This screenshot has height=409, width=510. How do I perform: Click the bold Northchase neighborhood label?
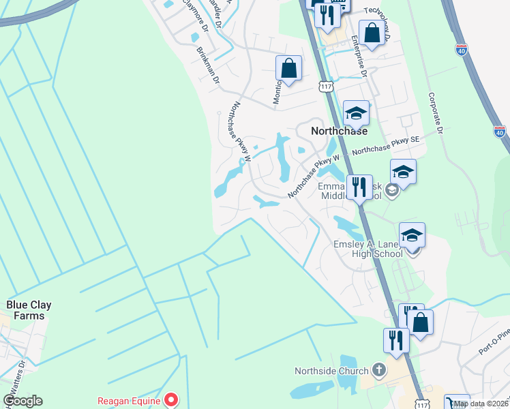(339, 131)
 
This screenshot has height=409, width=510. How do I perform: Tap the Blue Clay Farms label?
(29, 311)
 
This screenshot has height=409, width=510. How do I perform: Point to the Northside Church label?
(331, 371)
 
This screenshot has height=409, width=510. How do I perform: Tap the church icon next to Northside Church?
(379, 371)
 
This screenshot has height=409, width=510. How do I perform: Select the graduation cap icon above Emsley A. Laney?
(412, 235)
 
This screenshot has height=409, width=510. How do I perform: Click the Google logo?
(22, 401)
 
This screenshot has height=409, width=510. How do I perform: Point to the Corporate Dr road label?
(436, 112)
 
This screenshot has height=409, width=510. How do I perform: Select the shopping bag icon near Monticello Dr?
(288, 68)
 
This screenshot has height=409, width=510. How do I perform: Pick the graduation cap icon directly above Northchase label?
(356, 113)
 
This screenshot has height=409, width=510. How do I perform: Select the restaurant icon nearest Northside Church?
(395, 339)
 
